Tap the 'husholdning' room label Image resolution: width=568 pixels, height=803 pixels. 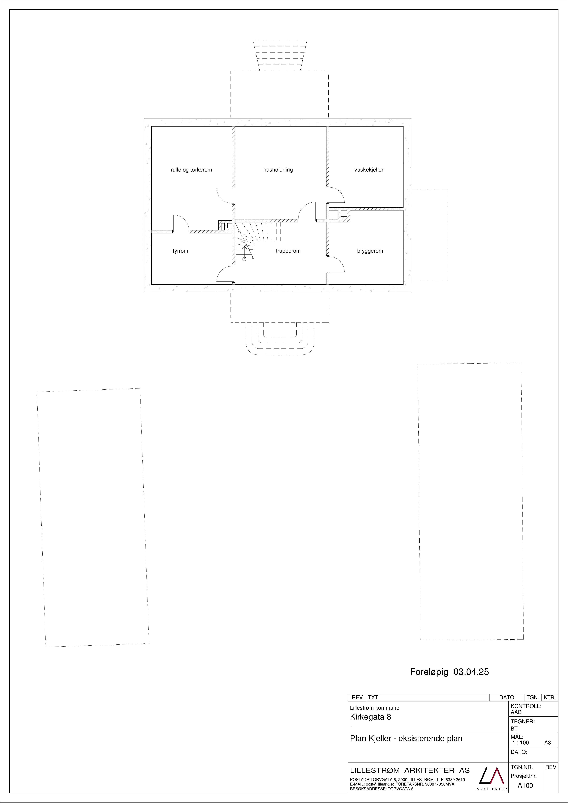tap(278, 170)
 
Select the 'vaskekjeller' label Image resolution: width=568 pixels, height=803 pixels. tap(369, 170)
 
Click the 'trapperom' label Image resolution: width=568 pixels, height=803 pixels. tap(288, 251)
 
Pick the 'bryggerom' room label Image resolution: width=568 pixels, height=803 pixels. tap(370, 251)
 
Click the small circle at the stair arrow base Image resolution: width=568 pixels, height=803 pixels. tap(244, 259)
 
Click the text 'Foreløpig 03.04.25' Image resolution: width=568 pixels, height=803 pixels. tap(449, 672)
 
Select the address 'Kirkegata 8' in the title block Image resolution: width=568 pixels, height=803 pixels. tap(370, 717)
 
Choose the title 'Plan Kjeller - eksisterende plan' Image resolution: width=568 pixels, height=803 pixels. tap(406, 738)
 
